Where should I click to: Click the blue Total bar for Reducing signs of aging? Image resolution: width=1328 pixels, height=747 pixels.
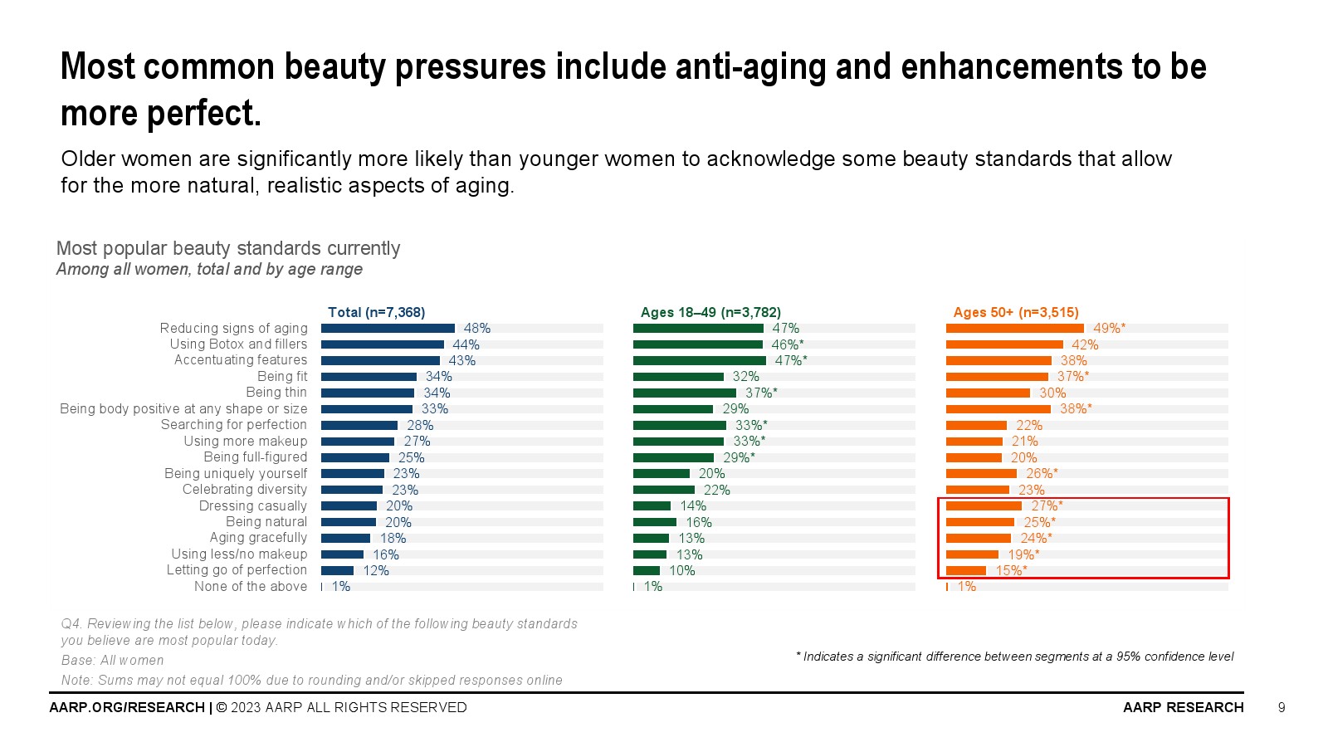pos(388,329)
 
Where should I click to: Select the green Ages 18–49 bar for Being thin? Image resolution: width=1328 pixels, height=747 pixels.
pos(684,393)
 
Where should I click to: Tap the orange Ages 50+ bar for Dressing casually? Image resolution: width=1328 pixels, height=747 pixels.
pos(984,505)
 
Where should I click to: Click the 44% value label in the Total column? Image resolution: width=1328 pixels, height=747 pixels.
pos(466,344)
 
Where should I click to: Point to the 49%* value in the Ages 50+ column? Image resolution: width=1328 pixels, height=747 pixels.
pos(1109,329)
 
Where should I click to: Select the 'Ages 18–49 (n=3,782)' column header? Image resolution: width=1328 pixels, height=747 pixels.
pos(710,312)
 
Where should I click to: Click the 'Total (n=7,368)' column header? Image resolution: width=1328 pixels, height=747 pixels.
pos(376,312)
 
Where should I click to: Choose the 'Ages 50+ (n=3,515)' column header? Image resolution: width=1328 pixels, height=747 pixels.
pos(1016,312)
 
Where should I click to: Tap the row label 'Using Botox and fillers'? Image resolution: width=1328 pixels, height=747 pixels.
pos(238,344)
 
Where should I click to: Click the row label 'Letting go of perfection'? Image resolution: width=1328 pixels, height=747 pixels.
pos(237,570)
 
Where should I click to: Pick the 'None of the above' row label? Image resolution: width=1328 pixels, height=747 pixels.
pos(251,586)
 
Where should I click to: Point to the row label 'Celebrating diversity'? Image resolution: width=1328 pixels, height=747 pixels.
pos(245,490)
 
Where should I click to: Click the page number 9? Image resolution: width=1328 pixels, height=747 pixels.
pos(1282,707)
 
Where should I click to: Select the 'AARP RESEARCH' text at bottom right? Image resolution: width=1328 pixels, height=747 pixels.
pos(1183,707)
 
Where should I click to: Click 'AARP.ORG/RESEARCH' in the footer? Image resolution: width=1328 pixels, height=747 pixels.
pos(127,707)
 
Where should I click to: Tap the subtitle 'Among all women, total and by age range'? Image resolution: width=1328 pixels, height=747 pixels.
pos(209,269)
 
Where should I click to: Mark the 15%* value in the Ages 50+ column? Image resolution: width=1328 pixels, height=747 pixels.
pos(1011,570)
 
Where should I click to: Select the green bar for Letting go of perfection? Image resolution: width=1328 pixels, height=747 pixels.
pos(647,570)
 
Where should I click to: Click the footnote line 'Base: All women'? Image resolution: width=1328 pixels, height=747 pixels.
pos(112,660)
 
